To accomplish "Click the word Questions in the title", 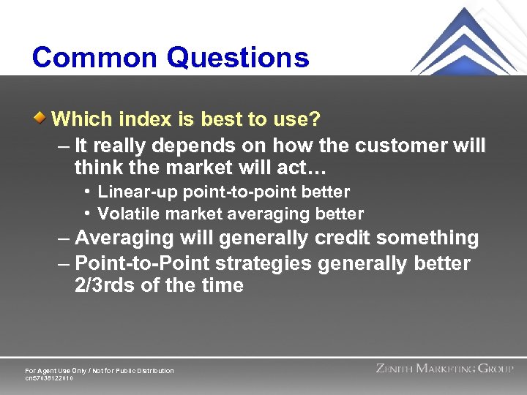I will [239, 58].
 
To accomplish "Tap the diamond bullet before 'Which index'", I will [43, 117].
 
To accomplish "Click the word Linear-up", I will [138, 192].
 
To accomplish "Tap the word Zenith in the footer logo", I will [395, 369].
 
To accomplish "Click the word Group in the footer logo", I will [496, 369].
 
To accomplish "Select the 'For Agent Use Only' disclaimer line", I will [100, 371].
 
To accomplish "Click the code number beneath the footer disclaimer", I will [49, 378].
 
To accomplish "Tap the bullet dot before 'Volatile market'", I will [87, 214].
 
